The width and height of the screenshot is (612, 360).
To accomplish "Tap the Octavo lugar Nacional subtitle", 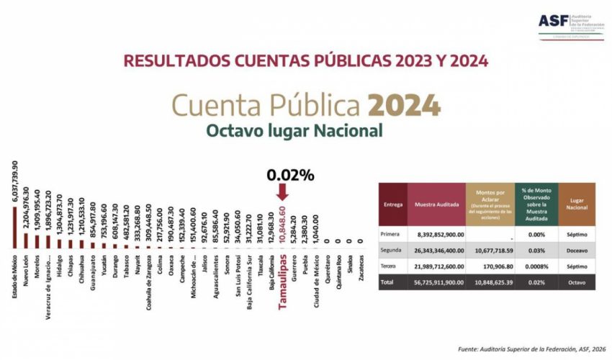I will pos(294,130).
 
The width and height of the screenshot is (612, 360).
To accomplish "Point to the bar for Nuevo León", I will pos(27,240).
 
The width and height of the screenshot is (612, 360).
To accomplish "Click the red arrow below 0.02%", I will pos(282,192).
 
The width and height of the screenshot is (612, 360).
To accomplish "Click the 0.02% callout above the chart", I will pos(290,175).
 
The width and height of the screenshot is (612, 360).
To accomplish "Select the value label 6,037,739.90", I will pos(15,183).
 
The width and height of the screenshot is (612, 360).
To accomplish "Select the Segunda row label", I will pos(392,251).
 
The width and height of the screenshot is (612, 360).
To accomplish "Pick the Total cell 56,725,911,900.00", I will pos(436,282).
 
